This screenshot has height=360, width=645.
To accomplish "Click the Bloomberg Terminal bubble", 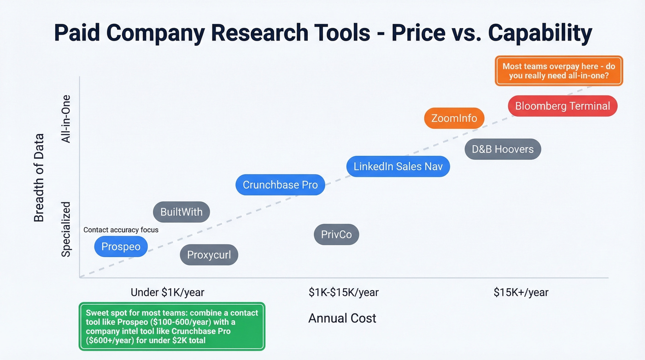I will tap(562, 106).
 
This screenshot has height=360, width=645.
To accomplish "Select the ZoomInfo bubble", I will tap(454, 118).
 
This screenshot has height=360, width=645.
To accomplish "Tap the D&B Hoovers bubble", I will tap(503, 149).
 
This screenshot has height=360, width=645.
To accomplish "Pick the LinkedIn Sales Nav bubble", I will tap(398, 166).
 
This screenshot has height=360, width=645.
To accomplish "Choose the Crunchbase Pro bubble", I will tap(280, 185).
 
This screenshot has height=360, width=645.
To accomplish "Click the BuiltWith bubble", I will tap(181, 212).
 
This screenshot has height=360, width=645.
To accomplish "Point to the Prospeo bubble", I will tap(121, 247).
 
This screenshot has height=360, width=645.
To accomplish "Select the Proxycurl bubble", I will tap(209, 255).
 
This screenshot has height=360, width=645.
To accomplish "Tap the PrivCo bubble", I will tap(336, 235).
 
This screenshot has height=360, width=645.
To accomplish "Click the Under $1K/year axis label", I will tap(167, 292).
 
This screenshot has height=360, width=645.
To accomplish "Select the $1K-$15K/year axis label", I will tap(344, 292).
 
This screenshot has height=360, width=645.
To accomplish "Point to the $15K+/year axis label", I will tap(521, 292).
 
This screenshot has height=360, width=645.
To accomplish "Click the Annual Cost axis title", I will tap(342, 318).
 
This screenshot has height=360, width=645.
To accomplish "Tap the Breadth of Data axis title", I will tap(39, 177).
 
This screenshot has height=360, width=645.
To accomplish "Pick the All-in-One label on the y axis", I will tap(66, 119).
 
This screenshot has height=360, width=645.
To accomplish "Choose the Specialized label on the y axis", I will tap(66, 229).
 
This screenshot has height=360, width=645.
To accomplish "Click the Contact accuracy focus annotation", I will tap(121, 230).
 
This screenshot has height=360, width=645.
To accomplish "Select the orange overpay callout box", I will tap(558, 71).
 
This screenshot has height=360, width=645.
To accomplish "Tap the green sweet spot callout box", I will tap(172, 326).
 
